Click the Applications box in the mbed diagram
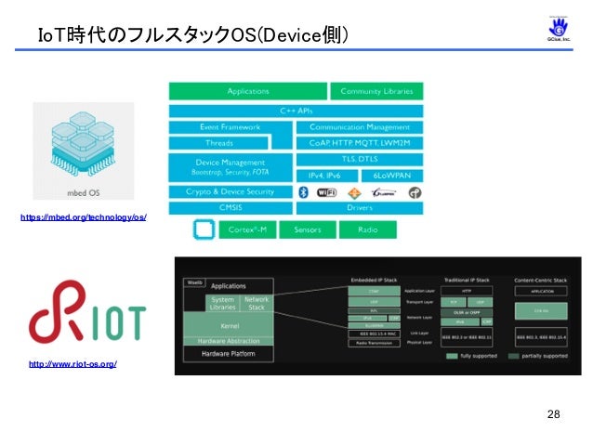tap(247, 91)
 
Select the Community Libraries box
tap(376, 91)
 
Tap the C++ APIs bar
tap(296, 110)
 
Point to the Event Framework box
tap(230, 126)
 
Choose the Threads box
tap(219, 143)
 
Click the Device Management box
tap(230, 167)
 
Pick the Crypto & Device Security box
tap(230, 191)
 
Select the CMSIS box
tap(230, 207)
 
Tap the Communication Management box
tap(359, 126)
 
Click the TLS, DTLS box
tap(359, 158)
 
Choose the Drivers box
tap(359, 207)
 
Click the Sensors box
tap(308, 229)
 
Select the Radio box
tap(366, 229)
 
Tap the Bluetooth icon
tap(302, 192)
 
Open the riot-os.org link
tap(72, 364)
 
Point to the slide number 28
tap(554, 413)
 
